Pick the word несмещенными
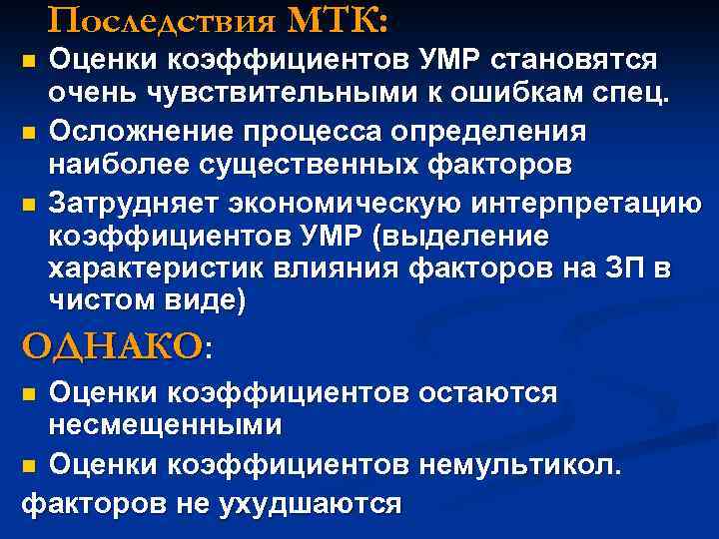click(165, 425)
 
